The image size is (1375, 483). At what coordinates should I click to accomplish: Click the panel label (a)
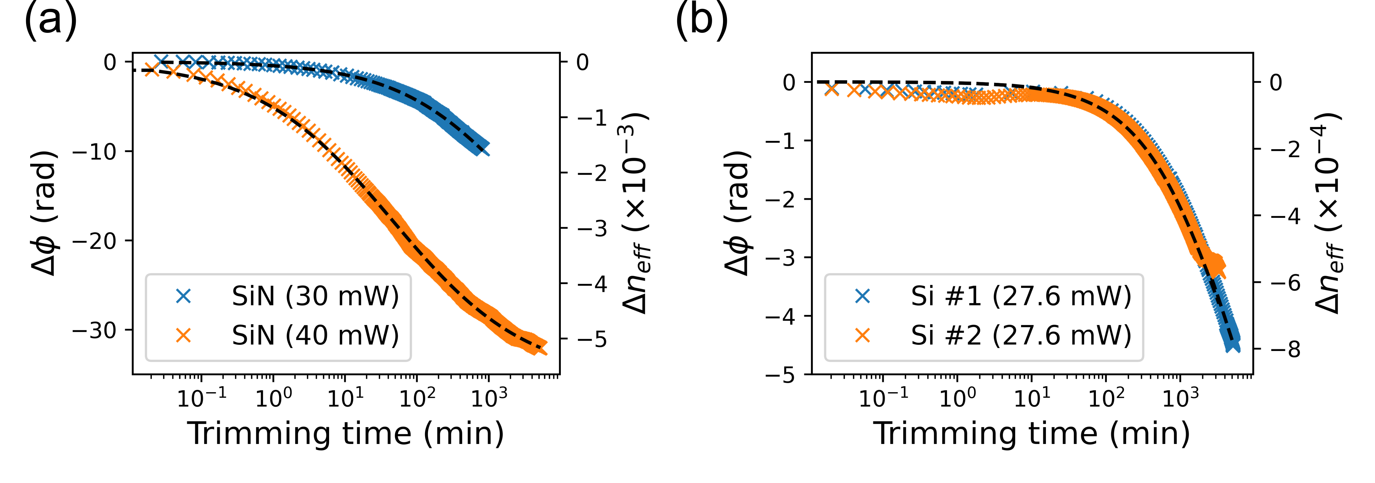[x=51, y=21]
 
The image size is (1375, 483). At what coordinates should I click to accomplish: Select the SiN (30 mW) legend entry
[x=315, y=296]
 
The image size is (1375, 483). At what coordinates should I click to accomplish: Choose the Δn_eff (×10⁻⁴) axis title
[x=1329, y=213]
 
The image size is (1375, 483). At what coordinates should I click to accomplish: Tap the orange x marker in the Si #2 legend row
[x=863, y=336]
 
